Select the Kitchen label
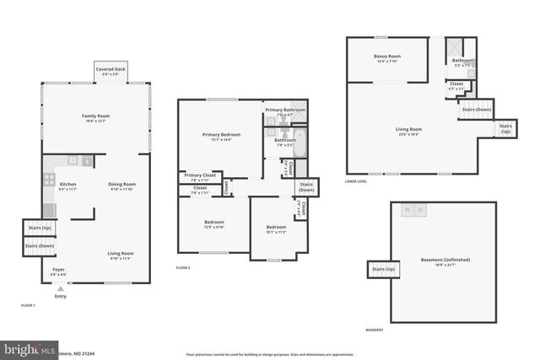pyautogui.click(x=67, y=185)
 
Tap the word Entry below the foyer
pyautogui.click(x=60, y=296)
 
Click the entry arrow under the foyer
pyautogui.click(x=60, y=288)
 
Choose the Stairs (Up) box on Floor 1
pyautogui.click(x=40, y=228)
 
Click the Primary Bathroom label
pyautogui.click(x=285, y=111)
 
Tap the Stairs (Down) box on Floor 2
pyautogui.click(x=306, y=186)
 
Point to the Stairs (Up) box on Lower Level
pyautogui.click(x=505, y=129)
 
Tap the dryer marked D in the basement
pyautogui.click(x=422, y=210)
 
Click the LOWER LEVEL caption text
pyautogui.click(x=355, y=181)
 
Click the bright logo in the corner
pyautogui.click(x=25, y=349)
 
